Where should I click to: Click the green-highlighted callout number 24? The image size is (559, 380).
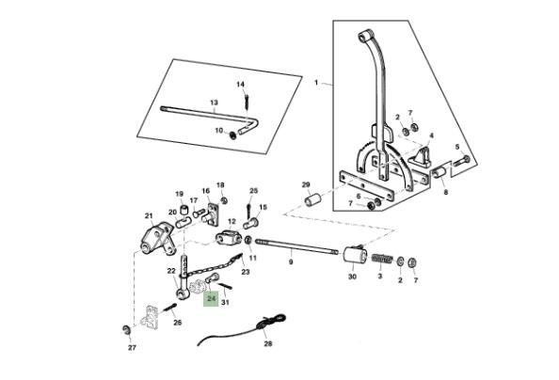212,298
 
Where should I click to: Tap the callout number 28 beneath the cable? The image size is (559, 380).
268,343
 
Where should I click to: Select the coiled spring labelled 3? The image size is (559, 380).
382,258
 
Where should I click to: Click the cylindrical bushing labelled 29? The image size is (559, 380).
313,199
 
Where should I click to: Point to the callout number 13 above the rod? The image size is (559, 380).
214,103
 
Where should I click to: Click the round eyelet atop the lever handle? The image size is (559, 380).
363,37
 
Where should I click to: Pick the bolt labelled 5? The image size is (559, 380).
461,161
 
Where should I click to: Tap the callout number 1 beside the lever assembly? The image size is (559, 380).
316,83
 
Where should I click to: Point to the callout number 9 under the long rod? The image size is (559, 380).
291,262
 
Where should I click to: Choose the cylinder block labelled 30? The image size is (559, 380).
355,255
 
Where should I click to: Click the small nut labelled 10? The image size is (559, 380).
233,135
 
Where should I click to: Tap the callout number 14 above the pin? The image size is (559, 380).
241,85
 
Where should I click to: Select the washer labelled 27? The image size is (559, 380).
126,329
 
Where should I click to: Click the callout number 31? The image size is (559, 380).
225,303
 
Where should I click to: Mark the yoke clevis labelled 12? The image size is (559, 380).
229,238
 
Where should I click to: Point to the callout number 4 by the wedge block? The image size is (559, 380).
431,135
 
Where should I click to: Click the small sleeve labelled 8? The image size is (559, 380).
439,172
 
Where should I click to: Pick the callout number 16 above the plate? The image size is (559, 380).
206,191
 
